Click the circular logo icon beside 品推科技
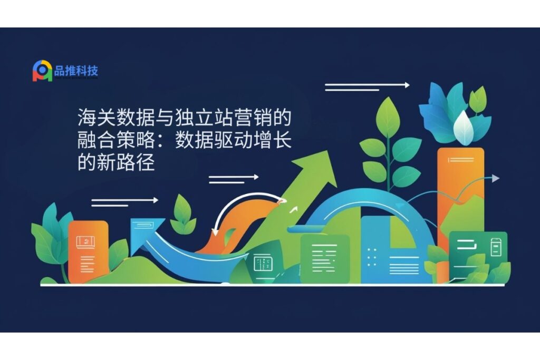pos(42,71)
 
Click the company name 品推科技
pos(76,71)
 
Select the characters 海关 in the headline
pos(97,118)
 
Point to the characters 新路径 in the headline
pos(126,162)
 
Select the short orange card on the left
pos(89,252)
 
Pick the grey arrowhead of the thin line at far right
pos(495,178)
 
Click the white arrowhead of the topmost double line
pos(407,85)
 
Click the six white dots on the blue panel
pos(372,257)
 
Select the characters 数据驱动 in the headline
pos(214,140)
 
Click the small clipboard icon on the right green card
pos(495,247)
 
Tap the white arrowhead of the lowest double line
pos(156,200)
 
